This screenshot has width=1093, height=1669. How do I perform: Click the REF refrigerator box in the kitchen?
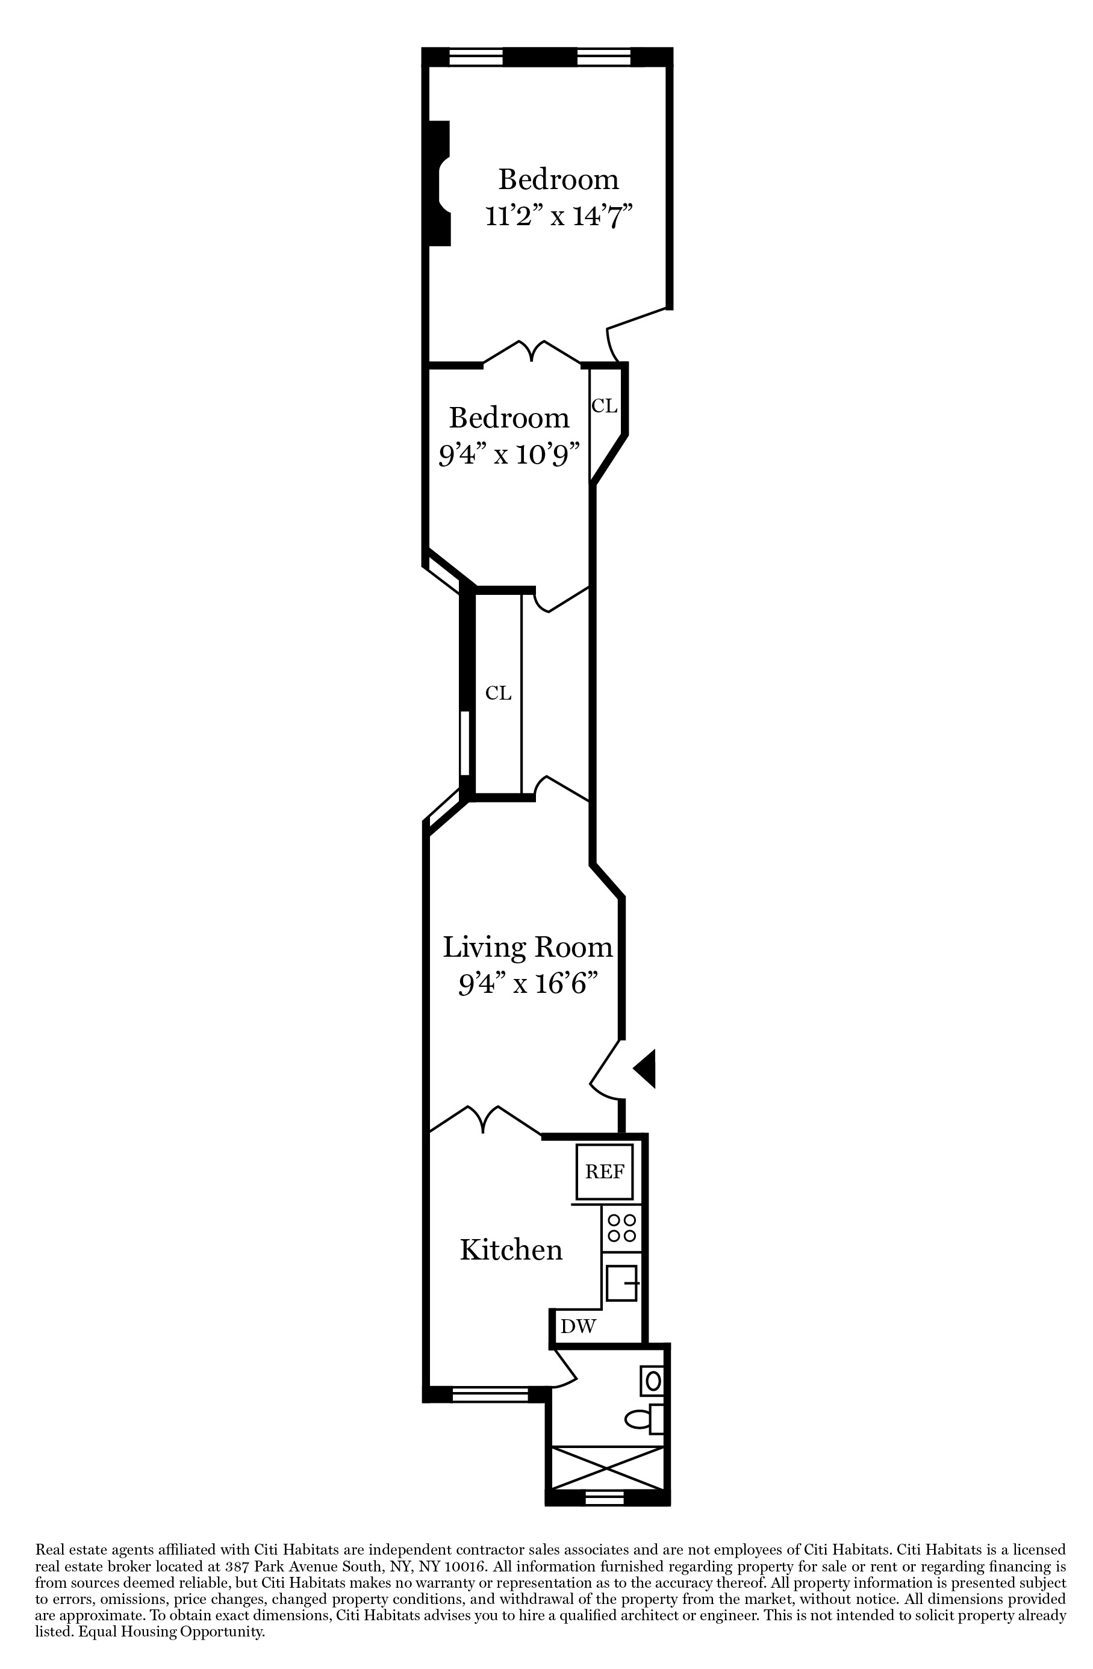[x=604, y=1171]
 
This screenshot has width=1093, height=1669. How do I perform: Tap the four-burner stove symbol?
[x=621, y=1228]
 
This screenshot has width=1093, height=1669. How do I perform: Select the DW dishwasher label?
[x=578, y=1326]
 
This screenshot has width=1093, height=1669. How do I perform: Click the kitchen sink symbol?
[x=621, y=1282]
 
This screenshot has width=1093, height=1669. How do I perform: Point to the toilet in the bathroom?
[x=645, y=1419]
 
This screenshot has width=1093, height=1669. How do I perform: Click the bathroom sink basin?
[x=652, y=1381]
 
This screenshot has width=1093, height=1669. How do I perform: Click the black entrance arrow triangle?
[x=646, y=1068]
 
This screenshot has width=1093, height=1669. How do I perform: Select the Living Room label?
[x=528, y=948]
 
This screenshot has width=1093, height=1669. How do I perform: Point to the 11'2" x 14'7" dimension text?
[x=558, y=216]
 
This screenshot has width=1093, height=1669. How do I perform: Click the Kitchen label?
[x=511, y=1251]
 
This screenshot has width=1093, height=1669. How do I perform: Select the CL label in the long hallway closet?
[x=498, y=694]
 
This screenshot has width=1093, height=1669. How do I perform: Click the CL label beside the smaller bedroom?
[x=604, y=405]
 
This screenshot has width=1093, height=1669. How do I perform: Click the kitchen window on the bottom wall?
[x=490, y=1396]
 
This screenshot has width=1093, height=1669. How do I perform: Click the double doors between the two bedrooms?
[x=532, y=353]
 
